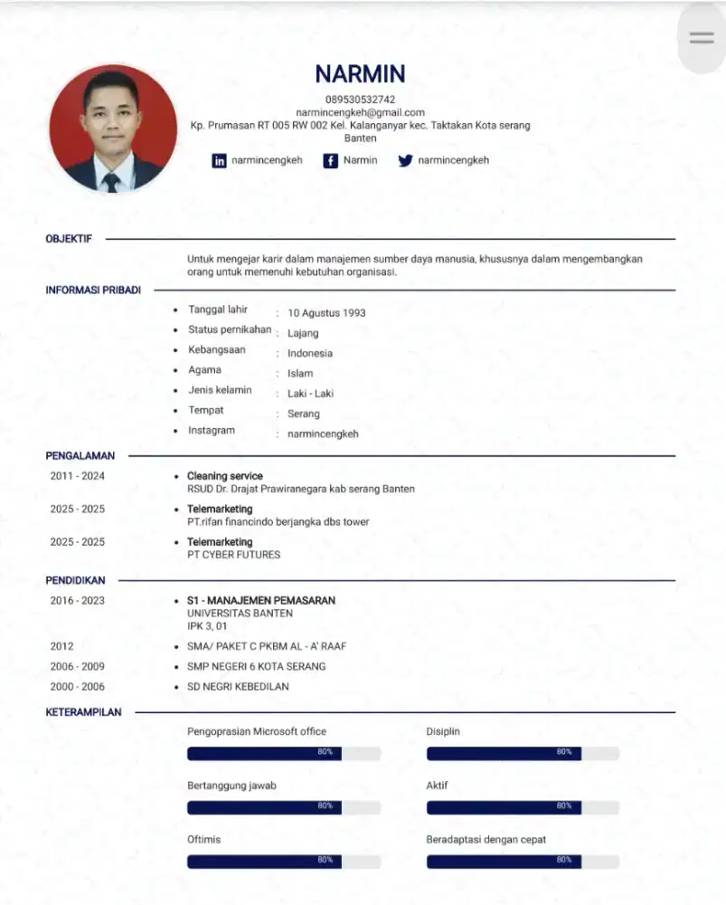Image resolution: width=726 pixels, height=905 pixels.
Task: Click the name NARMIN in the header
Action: coord(360,74)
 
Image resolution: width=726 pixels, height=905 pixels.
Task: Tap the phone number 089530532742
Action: coord(360,100)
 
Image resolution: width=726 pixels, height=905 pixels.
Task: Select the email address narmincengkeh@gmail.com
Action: coord(360,112)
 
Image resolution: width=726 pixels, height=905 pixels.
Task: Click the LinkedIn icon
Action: coord(219,161)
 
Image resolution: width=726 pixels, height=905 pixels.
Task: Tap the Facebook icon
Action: coord(331,161)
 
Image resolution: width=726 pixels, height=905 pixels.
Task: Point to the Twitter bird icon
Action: coord(405,161)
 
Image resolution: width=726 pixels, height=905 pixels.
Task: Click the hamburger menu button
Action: coord(702,38)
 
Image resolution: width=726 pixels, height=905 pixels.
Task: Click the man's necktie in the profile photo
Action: coord(111,181)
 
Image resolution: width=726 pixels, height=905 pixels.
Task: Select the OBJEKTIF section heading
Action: coord(69,239)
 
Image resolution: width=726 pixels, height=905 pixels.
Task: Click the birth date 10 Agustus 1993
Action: coord(326,313)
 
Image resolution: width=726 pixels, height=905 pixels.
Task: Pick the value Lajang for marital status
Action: coord(303,333)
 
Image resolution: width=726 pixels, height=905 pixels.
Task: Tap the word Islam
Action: coord(300,373)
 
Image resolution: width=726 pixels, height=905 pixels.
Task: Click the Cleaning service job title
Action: coord(225,476)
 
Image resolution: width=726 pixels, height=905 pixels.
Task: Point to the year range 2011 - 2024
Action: coord(77,476)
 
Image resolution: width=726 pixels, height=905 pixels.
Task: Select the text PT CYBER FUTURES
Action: coord(233,555)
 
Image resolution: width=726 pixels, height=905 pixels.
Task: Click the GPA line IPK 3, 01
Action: coord(207,625)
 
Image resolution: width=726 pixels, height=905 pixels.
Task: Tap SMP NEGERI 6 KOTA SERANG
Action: coord(256,666)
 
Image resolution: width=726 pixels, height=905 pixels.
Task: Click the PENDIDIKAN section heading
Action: coord(75,580)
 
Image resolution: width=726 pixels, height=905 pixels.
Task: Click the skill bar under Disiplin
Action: coord(523,753)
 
